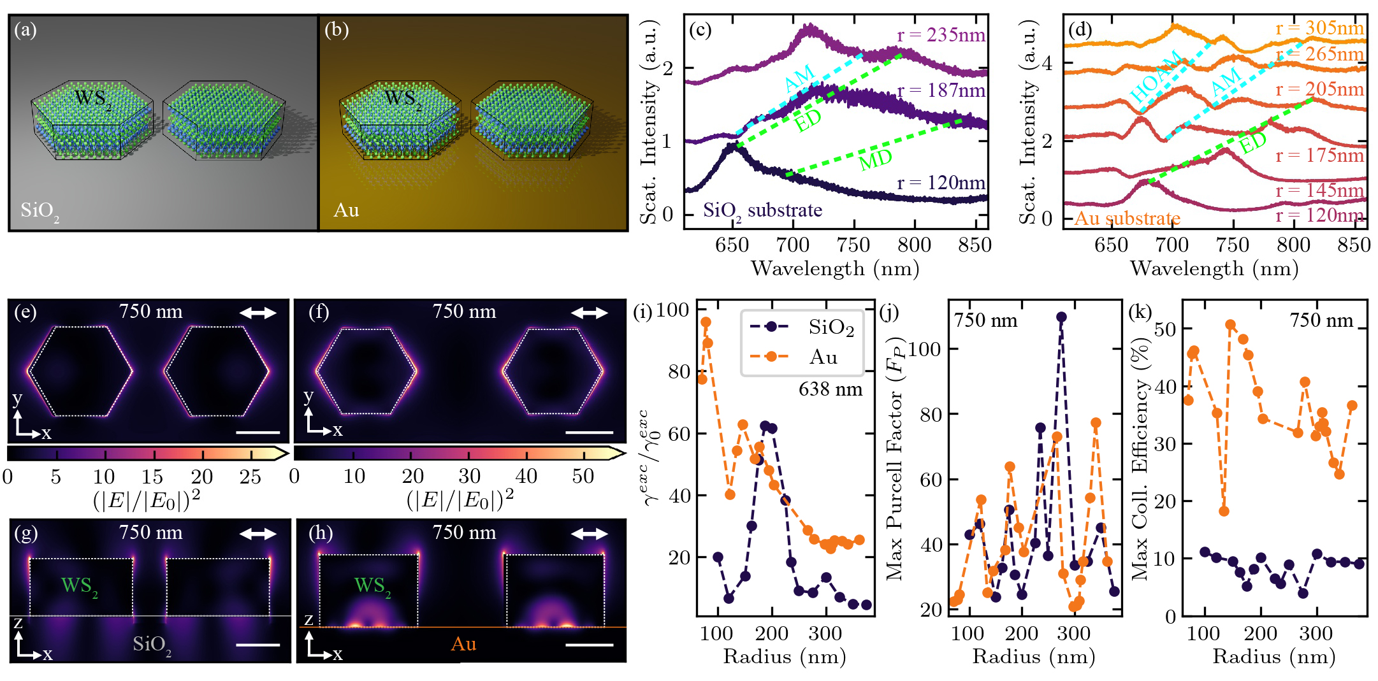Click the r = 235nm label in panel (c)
[x=941, y=36]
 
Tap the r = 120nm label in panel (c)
[x=941, y=183]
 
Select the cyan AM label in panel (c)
[x=799, y=78]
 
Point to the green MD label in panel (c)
[x=875, y=159]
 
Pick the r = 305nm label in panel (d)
[x=1319, y=28]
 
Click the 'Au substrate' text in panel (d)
[x=1127, y=219]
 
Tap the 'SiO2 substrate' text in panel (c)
[x=762, y=210]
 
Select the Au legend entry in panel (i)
[x=823, y=357]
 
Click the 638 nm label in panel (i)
[x=830, y=389]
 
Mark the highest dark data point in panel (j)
[x=1061, y=317]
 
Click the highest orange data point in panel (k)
[x=1230, y=325]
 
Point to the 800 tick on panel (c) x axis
[x=914, y=245]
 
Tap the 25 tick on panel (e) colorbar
[x=250, y=477]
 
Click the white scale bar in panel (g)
[x=257, y=645]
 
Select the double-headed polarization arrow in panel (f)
[x=590, y=313]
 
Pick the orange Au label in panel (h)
[x=463, y=644]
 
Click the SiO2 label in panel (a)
[x=40, y=211]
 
